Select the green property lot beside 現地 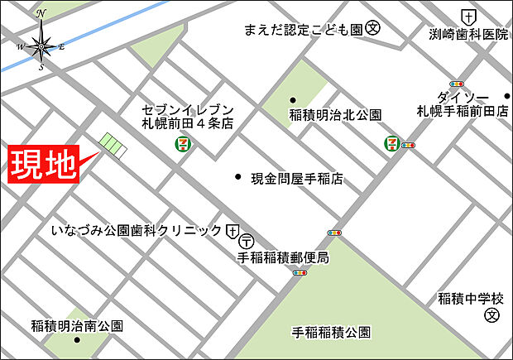111,146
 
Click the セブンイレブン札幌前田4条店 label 188,116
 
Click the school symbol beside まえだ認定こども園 373,29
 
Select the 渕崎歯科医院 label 469,35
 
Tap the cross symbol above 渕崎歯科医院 469,16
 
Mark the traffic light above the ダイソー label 456,84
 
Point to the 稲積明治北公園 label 335,114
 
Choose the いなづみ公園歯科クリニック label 137,229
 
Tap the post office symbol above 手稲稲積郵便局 247,242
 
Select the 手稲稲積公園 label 331,333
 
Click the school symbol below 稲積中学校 492,315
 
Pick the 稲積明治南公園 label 77,325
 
